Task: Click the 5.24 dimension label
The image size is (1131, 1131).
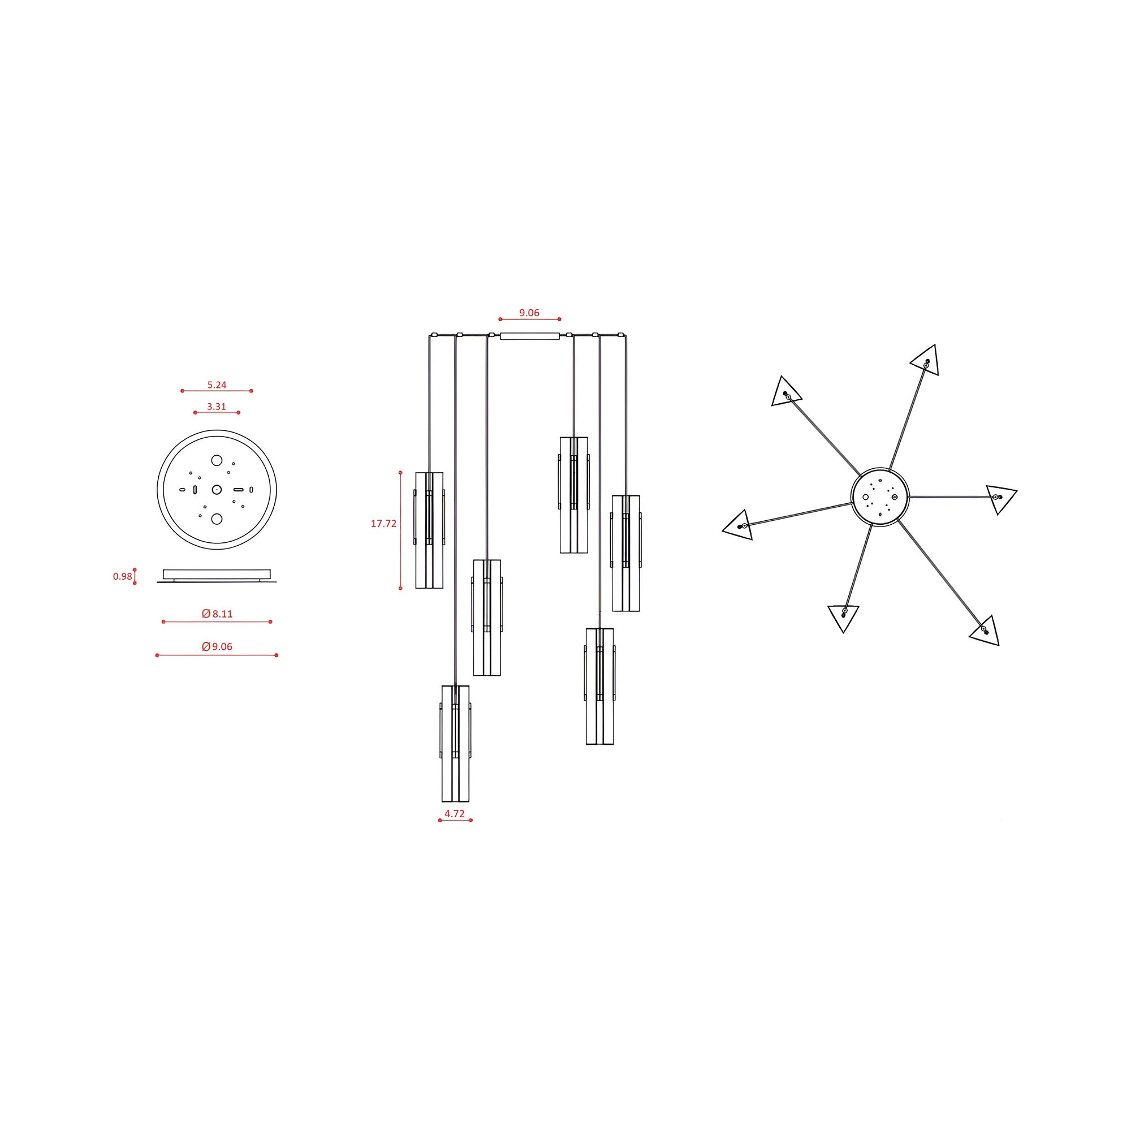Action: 217,385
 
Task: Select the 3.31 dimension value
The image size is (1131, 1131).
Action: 217,406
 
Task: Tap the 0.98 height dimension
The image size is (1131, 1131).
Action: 122,576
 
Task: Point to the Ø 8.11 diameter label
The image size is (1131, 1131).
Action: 217,614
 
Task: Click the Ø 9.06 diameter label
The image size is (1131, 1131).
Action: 217,646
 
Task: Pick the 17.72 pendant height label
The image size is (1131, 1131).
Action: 383,523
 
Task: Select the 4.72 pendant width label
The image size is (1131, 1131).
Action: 455,813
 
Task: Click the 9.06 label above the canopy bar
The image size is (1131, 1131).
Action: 529,313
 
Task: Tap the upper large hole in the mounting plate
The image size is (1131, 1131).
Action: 217,460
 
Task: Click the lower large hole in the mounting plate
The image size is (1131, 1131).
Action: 217,519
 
